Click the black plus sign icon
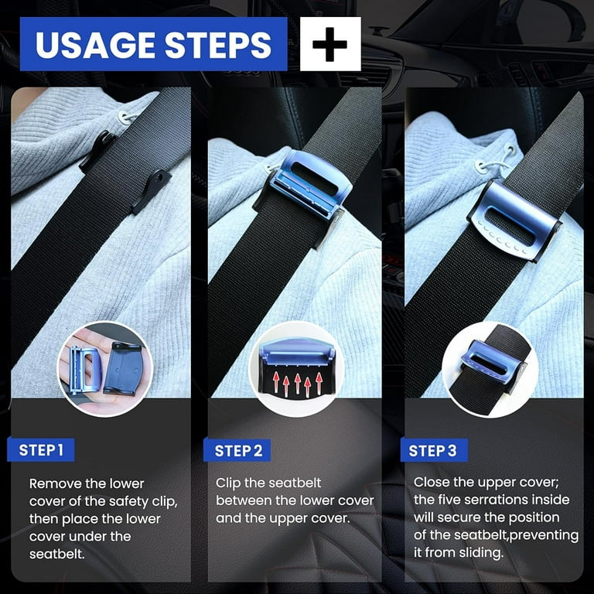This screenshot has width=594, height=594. pos(330,44)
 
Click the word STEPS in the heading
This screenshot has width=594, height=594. pos(218,45)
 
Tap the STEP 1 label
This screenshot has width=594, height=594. pos(41,450)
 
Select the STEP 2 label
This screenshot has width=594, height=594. pos(237,451)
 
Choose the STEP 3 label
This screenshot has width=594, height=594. pos(434,451)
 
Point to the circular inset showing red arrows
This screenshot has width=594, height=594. pos(297,368)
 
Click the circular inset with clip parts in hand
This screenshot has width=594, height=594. pos(105,369)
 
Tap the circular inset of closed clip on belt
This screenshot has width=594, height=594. pos(490,370)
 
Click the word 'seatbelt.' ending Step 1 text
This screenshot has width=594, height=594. pos(56,555)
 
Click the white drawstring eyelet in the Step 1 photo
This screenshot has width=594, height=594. pos(125,117)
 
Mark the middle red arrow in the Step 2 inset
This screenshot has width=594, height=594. pos(298,384)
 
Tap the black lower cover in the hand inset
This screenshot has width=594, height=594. pos(124,368)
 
